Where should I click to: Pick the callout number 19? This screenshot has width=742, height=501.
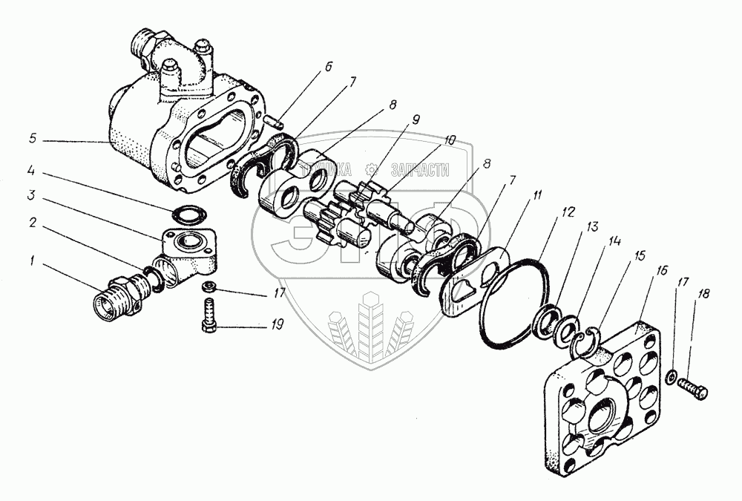click(x=277, y=324)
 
